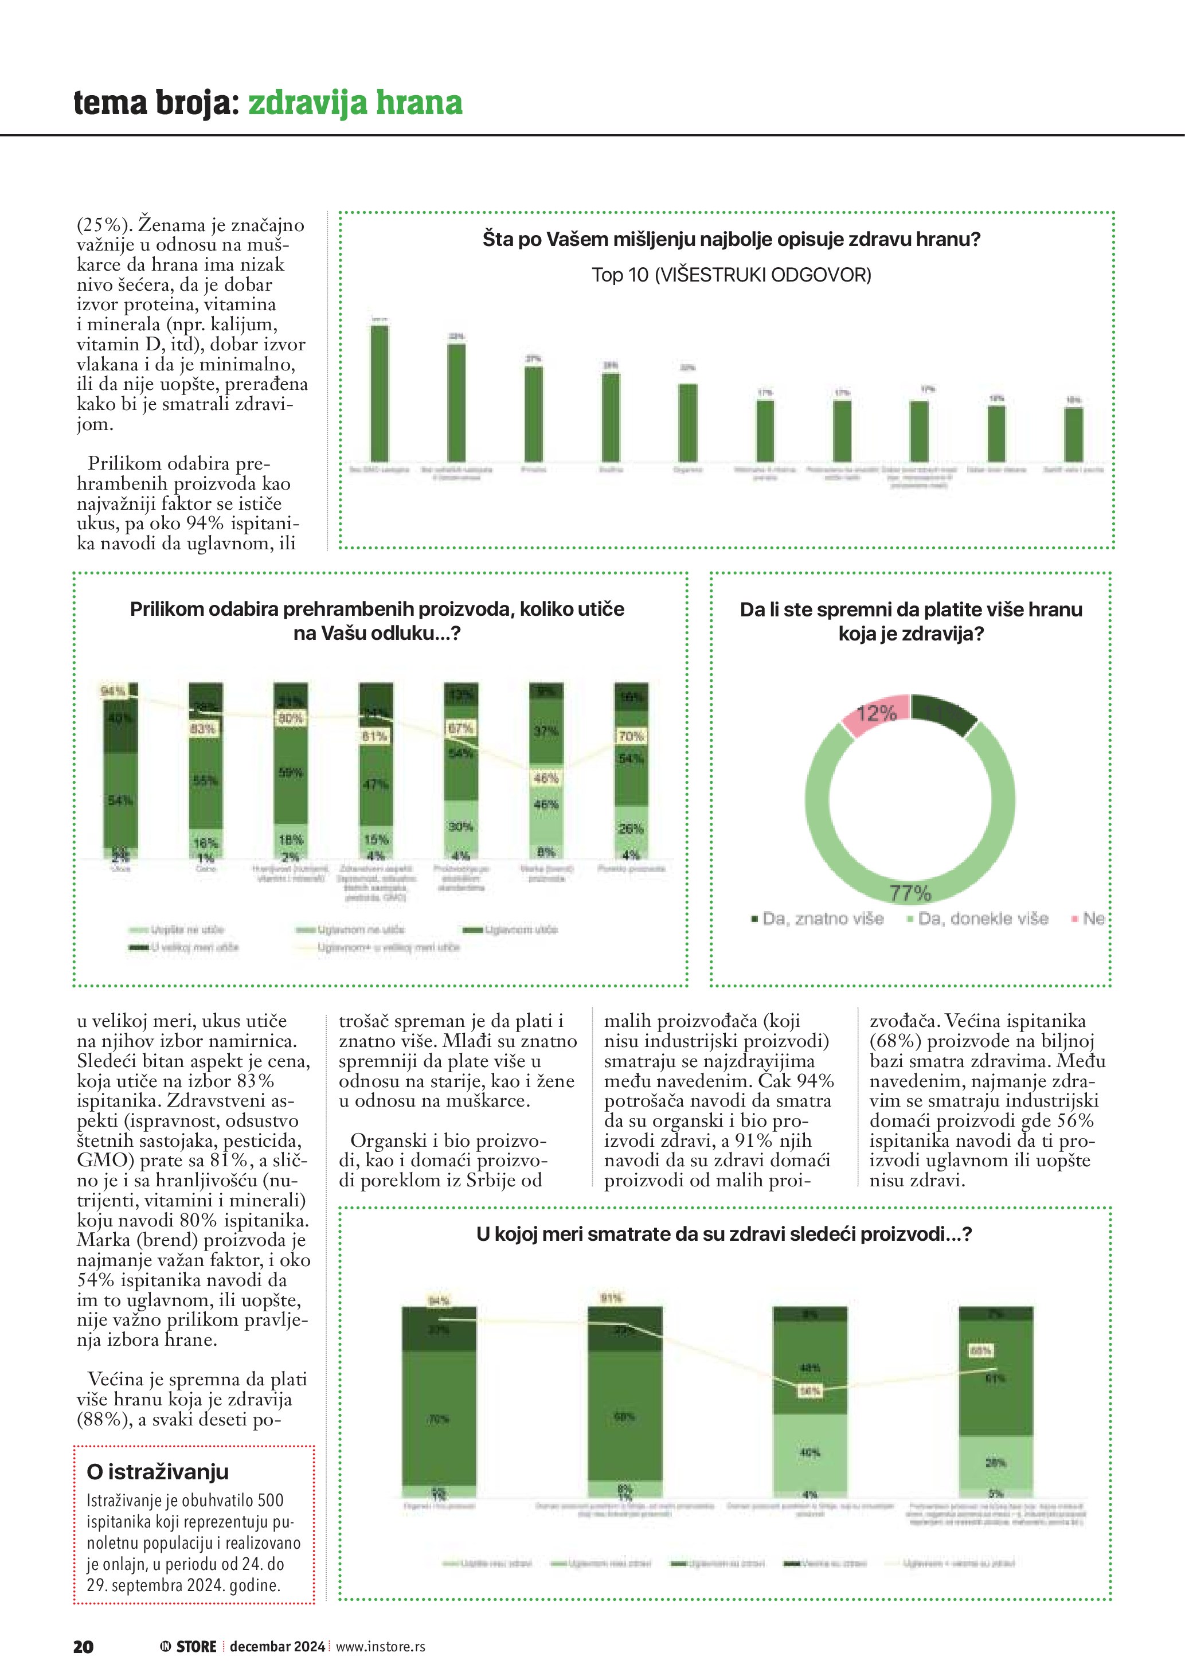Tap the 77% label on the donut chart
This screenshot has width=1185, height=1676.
pos(910,893)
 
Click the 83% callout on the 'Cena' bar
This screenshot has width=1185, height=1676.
pos(203,729)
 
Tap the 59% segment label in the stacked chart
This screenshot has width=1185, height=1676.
pos(291,772)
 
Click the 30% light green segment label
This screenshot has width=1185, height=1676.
pos(461,827)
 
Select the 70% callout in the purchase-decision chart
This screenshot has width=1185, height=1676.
pos(631,736)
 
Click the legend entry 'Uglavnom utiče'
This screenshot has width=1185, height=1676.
pos(520,930)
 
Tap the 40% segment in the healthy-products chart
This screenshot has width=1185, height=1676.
pos(810,1452)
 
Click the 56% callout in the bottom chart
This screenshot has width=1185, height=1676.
pos(810,1391)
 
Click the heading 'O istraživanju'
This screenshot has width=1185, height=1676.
pos(158,1472)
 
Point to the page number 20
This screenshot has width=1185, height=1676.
pos(83,1646)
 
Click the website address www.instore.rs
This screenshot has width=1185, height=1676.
pos(380,1646)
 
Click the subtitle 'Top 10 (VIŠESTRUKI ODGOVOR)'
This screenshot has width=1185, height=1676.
pos(731,275)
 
